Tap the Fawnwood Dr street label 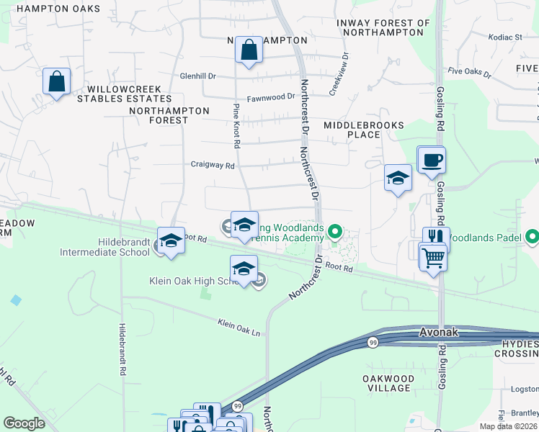coord(271,96)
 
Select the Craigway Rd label coord(213,165)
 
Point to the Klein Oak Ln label coord(239,326)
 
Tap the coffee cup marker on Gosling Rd coord(432,160)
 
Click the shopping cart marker coord(432,257)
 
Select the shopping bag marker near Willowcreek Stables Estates coord(56,81)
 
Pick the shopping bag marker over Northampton coord(249,51)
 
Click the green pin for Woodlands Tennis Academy coord(334,231)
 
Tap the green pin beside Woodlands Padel coord(533,235)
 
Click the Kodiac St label coord(505,37)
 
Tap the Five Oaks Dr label coord(469,73)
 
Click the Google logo coord(24,423)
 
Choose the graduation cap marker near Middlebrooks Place coord(397,179)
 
